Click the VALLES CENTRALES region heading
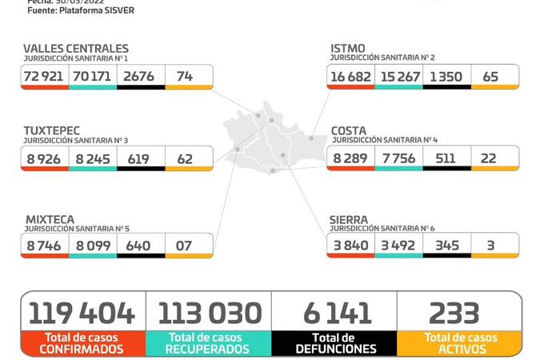(x=76, y=49)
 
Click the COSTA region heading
(x=350, y=130)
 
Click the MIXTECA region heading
(x=49, y=218)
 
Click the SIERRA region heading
(x=350, y=218)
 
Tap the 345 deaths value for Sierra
(x=446, y=245)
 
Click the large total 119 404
(x=82, y=312)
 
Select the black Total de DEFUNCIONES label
(x=334, y=343)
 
